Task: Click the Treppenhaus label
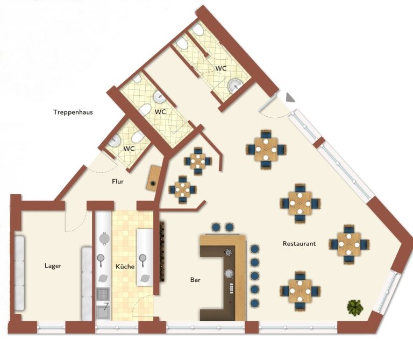point(73,112)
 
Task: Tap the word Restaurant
point(299,244)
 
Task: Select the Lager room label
point(53,266)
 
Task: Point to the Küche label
point(125,267)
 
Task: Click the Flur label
point(118,181)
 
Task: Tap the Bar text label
point(195,280)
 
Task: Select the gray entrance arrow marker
point(290,97)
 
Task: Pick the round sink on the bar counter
point(229,273)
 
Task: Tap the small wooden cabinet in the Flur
point(154,178)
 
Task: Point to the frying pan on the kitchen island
point(143,259)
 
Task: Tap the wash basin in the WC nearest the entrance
point(234,86)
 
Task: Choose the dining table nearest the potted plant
point(300,291)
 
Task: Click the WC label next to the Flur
point(129,149)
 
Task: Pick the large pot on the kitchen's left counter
point(104,238)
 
